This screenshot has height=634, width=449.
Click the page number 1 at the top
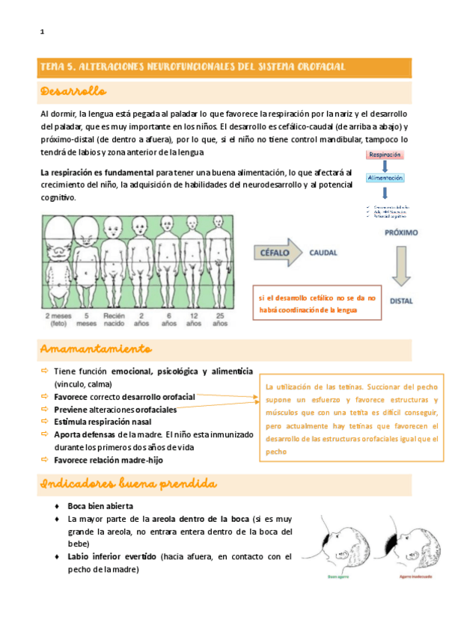(42, 31)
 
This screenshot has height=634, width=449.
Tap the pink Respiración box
(385, 155)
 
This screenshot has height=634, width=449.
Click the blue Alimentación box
(385, 178)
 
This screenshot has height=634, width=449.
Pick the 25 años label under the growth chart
(219, 320)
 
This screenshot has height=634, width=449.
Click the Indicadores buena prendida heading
(123, 485)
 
